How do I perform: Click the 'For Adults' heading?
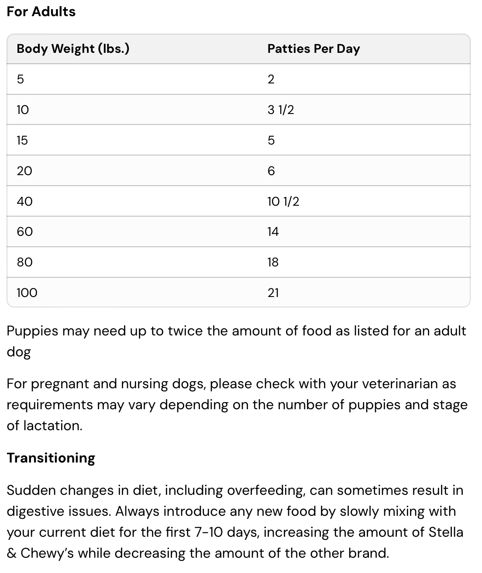pos(41,12)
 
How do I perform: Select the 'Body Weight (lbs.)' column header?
pos(73,48)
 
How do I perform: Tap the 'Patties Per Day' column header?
pos(313,48)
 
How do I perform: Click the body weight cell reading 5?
pos(21,79)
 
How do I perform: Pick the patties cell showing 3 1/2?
pos(281,110)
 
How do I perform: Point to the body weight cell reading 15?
pos(22,140)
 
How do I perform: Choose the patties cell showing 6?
pos(271,171)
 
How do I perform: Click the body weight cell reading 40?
pos(24,201)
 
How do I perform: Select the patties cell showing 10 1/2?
pos(283,201)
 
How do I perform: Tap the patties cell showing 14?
pos(273,231)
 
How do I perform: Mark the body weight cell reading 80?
pos(24,262)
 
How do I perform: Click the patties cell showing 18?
pos(273,262)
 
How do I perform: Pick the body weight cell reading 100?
pos(27,293)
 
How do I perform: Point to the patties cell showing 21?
pos(273,293)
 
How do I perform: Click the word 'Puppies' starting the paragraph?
pos(32,331)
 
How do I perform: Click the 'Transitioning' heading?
pos(51,458)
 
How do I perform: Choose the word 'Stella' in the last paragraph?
pos(446,532)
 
